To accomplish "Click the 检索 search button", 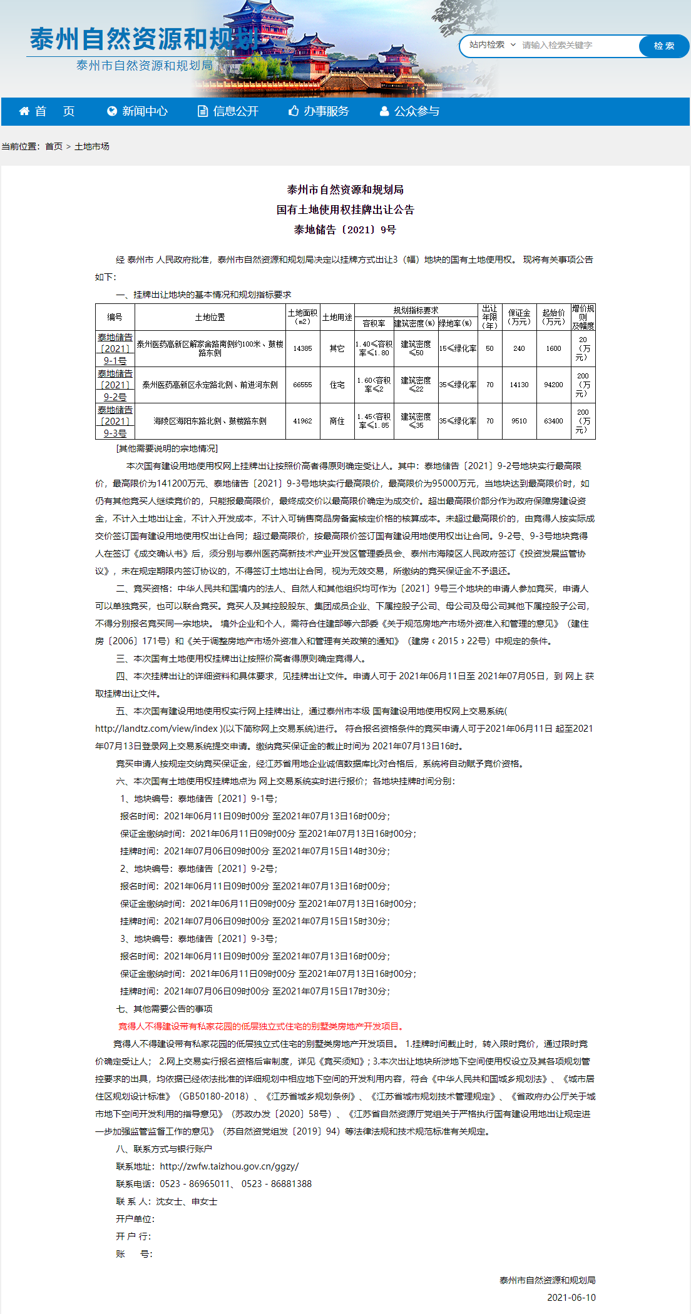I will tap(663, 46).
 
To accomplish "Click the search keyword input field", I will tap(576, 46).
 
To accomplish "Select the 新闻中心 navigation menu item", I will tap(138, 111).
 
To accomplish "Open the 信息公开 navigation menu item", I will tap(228, 111).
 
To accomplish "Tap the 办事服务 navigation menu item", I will tap(319, 111).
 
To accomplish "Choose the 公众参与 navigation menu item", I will tap(410, 111).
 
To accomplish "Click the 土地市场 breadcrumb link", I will tap(92, 146).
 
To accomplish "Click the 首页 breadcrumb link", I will tap(54, 146).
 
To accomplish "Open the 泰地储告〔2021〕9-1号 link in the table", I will tap(115, 349).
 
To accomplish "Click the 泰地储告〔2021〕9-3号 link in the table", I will tap(115, 422).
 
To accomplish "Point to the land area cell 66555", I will tap(302, 385).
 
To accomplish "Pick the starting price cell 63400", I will tap(553, 421).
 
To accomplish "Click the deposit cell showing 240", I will tap(519, 348).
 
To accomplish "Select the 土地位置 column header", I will tap(210, 317).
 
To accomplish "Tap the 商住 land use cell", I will tap(337, 421).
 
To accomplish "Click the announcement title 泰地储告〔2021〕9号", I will tap(345, 230).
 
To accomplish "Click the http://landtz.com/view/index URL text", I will tap(156, 729).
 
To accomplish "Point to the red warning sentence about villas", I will tap(262, 1026).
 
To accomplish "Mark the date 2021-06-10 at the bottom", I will tap(571, 1298).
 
